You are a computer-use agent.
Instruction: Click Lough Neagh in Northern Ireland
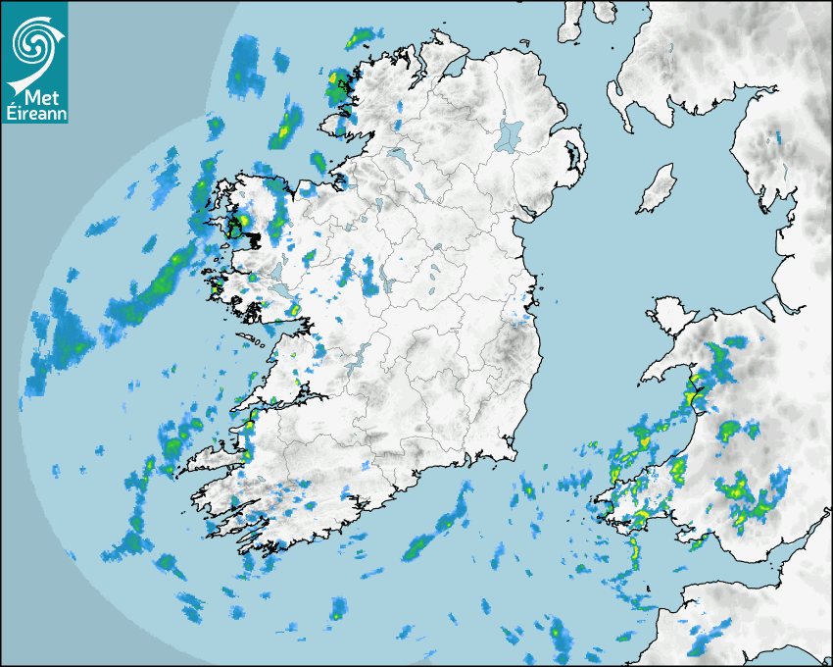point(511,134)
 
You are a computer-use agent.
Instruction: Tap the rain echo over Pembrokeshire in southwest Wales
point(637,510)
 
